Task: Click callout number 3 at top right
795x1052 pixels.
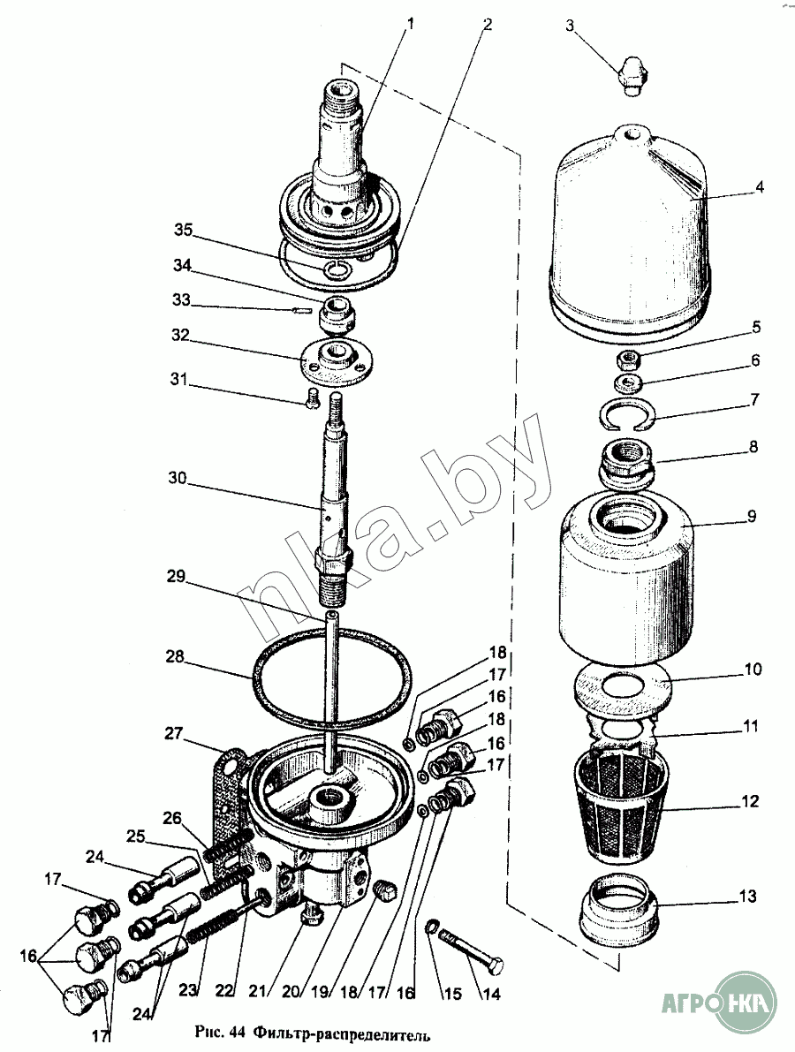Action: coord(571,26)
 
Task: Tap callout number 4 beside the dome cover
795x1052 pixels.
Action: coord(760,187)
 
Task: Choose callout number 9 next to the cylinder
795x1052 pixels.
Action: coord(752,516)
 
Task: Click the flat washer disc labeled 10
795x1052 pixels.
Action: coord(621,689)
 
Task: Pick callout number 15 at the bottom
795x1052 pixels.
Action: coord(453,993)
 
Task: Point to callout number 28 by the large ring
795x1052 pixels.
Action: coord(175,657)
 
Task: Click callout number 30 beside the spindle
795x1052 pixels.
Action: coord(178,479)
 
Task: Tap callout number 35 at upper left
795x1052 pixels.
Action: coord(183,231)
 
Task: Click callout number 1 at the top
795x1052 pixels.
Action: coord(411,25)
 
